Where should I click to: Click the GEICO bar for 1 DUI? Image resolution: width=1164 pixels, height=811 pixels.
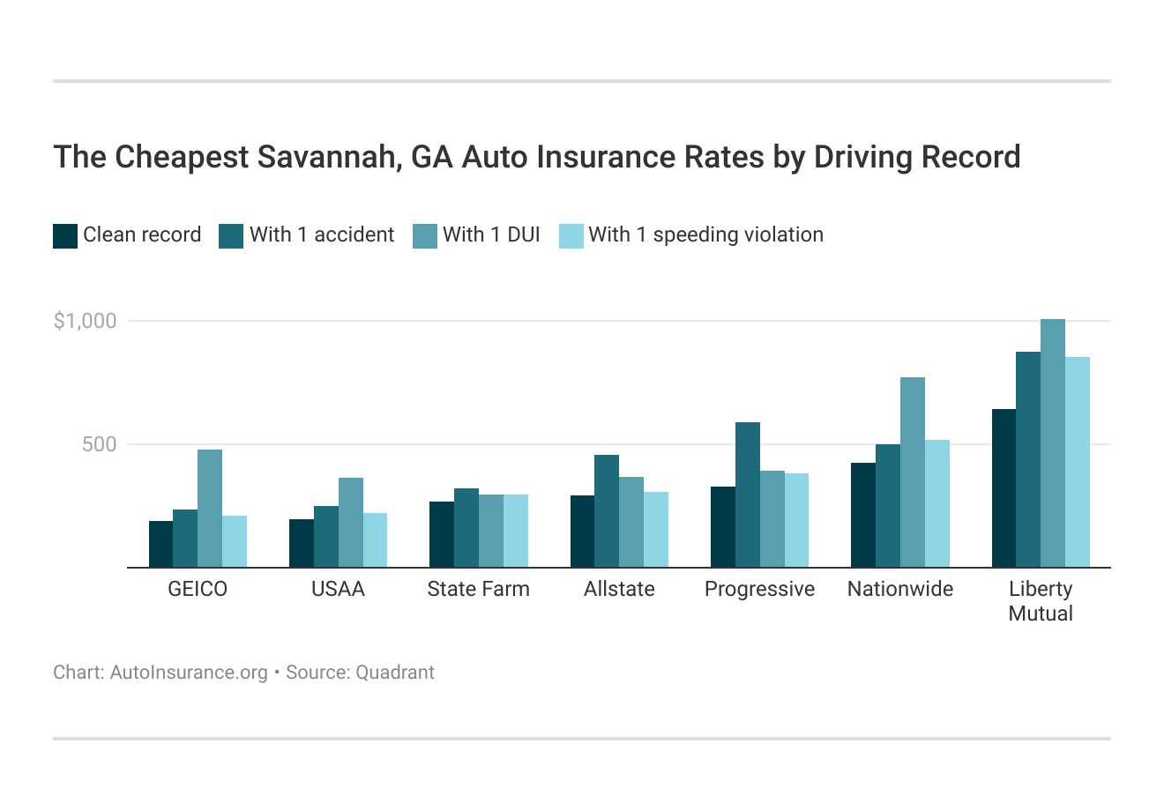click(210, 509)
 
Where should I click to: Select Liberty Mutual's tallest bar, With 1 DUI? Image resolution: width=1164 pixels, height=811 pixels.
click(1053, 443)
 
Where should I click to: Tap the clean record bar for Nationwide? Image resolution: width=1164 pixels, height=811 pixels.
click(863, 515)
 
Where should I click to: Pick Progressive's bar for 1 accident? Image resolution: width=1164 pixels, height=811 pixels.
click(747, 495)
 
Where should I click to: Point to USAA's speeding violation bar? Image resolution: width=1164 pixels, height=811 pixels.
click(375, 539)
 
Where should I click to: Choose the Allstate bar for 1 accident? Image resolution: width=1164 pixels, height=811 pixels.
click(607, 511)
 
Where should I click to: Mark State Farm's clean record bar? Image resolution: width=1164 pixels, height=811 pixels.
click(442, 534)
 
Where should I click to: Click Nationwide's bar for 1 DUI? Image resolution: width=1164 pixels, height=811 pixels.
click(913, 472)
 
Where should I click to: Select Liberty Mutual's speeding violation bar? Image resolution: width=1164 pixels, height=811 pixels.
click(1078, 462)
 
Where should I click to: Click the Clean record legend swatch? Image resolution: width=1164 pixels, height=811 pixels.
click(65, 236)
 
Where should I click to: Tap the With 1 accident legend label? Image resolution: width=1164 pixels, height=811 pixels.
click(322, 235)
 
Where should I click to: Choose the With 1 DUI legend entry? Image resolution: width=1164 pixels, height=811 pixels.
click(491, 235)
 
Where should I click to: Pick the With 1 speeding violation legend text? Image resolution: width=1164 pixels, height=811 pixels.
click(705, 235)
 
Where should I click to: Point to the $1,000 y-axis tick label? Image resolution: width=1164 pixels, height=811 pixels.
click(85, 321)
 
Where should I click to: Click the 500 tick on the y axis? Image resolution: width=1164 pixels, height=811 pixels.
click(99, 444)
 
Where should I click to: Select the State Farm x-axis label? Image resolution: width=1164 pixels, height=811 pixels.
click(478, 589)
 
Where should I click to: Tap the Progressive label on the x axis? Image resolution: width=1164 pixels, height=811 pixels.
click(759, 589)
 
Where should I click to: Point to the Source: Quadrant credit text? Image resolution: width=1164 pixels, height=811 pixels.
click(360, 673)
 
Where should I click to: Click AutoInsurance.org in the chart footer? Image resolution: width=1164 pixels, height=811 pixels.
click(189, 673)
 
